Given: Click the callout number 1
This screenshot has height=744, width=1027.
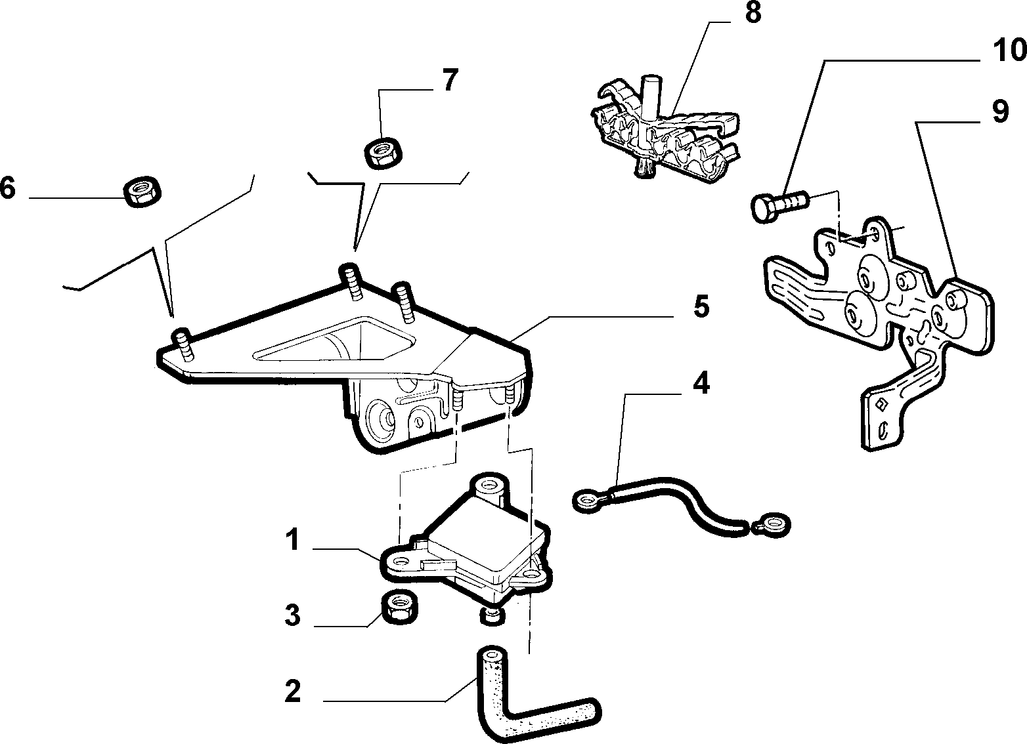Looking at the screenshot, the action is click(292, 540).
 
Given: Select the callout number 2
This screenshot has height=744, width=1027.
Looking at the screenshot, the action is click(292, 691).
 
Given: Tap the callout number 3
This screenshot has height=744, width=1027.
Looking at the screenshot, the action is click(292, 615).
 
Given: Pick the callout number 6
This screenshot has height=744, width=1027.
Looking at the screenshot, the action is click(8, 188).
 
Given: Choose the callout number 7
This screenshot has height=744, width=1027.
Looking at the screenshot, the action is click(450, 80).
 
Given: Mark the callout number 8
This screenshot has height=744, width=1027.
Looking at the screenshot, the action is click(753, 12).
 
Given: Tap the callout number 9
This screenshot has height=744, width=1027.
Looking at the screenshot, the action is click(1001, 112).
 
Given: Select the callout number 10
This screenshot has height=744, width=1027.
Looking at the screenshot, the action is click(1009, 50).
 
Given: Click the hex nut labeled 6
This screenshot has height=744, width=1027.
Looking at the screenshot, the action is click(142, 191).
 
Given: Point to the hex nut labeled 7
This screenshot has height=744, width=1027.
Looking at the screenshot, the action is click(383, 153).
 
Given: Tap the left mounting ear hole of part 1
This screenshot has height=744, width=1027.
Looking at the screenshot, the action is click(401, 562).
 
